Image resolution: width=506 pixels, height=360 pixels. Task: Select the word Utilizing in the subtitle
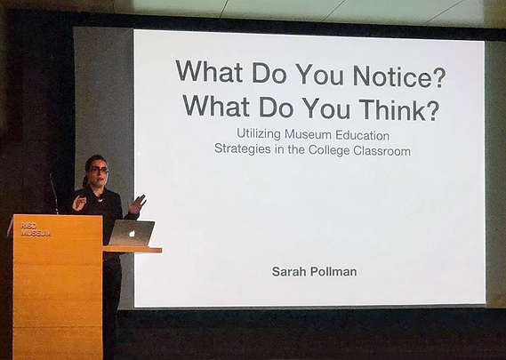click(258, 134)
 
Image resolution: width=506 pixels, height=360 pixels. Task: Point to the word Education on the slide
click(363, 135)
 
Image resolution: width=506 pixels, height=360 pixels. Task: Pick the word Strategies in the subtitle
click(243, 148)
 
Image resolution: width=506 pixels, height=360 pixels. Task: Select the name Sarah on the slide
click(289, 271)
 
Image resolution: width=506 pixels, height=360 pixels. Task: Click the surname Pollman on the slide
click(333, 272)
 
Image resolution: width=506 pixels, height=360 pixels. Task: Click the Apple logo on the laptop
click(132, 233)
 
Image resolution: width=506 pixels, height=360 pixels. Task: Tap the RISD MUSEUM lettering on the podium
click(36, 229)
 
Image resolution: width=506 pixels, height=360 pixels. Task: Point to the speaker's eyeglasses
click(98, 170)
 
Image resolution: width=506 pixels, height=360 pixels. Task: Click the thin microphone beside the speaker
click(54, 193)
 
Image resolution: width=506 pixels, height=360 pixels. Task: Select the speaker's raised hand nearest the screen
click(137, 204)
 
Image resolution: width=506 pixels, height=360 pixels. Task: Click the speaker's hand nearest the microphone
click(79, 204)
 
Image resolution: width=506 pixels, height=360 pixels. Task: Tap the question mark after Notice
click(439, 76)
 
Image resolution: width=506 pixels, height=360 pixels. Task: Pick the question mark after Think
click(431, 109)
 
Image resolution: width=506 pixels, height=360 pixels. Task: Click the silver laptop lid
click(132, 233)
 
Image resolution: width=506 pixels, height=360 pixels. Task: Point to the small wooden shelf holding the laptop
click(133, 249)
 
